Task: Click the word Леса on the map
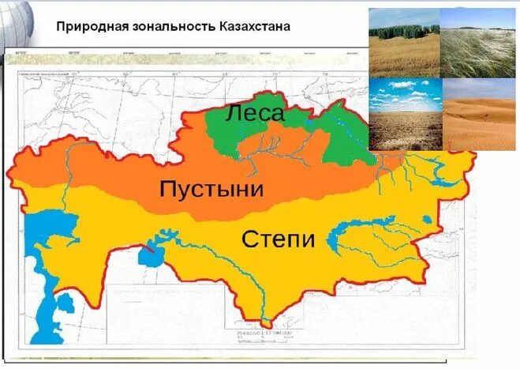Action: [254, 113]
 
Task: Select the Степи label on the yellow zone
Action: [278, 239]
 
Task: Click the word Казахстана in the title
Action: [251, 26]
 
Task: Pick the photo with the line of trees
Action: [403, 43]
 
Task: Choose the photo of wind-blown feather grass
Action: [477, 43]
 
